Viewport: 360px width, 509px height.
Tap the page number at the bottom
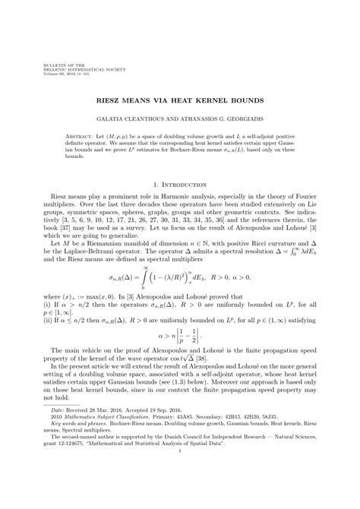(179, 493)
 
